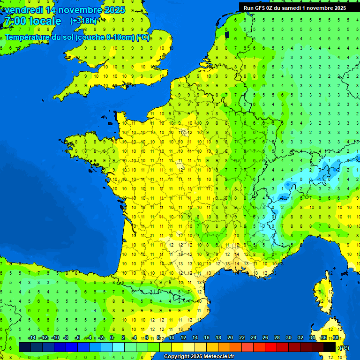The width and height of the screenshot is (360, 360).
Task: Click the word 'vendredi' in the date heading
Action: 23,10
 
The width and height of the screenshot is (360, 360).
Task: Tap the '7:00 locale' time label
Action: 32,21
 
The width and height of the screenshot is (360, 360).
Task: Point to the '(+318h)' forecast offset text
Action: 83,21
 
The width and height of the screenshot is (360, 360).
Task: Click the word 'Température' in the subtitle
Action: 28,37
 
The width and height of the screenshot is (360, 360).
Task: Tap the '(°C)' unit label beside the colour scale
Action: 344,347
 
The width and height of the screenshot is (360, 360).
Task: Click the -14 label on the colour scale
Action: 32,337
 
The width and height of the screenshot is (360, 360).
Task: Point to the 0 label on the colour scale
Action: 112,337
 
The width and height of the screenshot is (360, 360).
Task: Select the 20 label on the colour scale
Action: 230,337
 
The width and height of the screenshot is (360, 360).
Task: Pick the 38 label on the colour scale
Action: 336,337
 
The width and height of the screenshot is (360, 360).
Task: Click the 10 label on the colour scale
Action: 172,337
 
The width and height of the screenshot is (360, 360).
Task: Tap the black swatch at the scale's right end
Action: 330,347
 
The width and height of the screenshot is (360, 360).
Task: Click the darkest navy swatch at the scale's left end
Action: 25,347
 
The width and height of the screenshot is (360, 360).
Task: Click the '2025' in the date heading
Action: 114,10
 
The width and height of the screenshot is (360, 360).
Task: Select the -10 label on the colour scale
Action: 55,337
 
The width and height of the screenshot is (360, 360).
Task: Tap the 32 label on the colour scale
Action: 300,337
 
